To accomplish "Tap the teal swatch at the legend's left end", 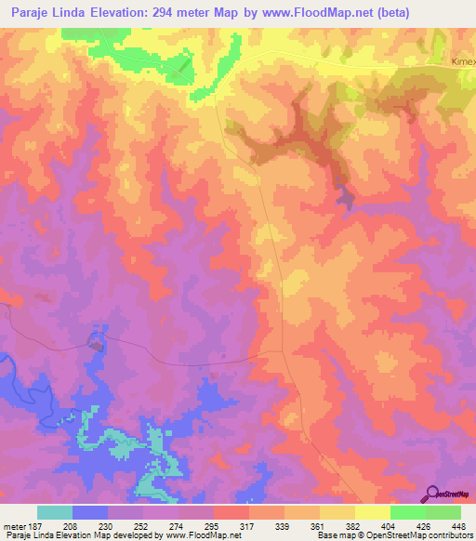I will point(54,512).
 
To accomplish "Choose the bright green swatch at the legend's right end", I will point(443,512).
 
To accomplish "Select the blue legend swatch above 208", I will point(89,512).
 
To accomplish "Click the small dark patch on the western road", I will point(95,343).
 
